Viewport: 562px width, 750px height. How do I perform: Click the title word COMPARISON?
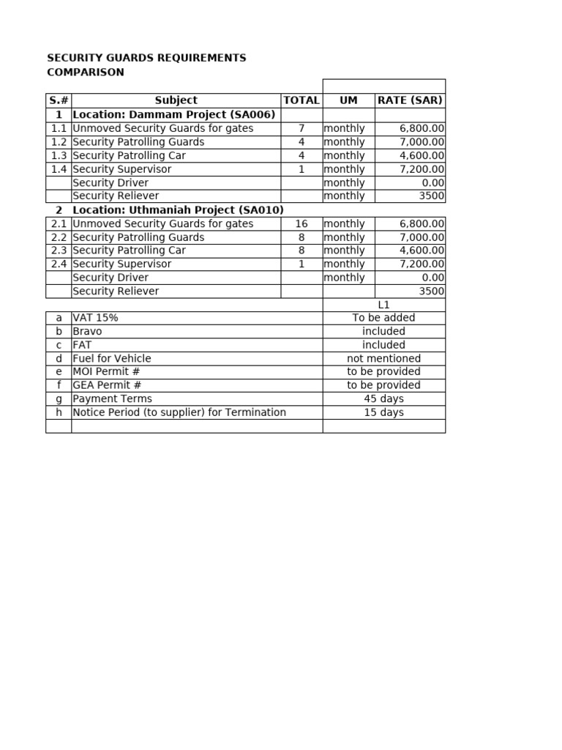click(x=86, y=72)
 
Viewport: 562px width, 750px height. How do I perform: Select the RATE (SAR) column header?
click(x=410, y=100)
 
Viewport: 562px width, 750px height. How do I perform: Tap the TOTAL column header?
click(x=301, y=100)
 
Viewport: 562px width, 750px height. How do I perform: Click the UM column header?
click(x=348, y=100)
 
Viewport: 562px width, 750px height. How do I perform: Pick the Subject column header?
click(x=176, y=100)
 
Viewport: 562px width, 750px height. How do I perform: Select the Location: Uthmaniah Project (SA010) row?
click(x=178, y=209)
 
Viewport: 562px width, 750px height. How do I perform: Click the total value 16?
click(x=301, y=223)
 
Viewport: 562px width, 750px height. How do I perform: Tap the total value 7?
click(x=301, y=128)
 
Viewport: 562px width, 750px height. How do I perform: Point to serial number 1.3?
click(x=59, y=155)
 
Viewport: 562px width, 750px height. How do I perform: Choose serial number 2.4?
click(x=59, y=264)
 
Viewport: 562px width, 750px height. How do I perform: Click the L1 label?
click(x=383, y=305)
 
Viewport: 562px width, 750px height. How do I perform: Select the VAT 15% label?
click(x=95, y=318)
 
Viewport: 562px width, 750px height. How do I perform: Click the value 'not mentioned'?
click(x=383, y=358)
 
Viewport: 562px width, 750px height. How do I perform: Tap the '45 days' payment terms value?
click(x=383, y=398)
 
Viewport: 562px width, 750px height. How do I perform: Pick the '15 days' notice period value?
click(x=383, y=412)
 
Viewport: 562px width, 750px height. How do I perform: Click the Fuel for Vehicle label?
click(x=112, y=358)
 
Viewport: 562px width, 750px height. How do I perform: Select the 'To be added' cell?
click(x=383, y=318)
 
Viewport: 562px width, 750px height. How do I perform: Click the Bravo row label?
click(x=88, y=331)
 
